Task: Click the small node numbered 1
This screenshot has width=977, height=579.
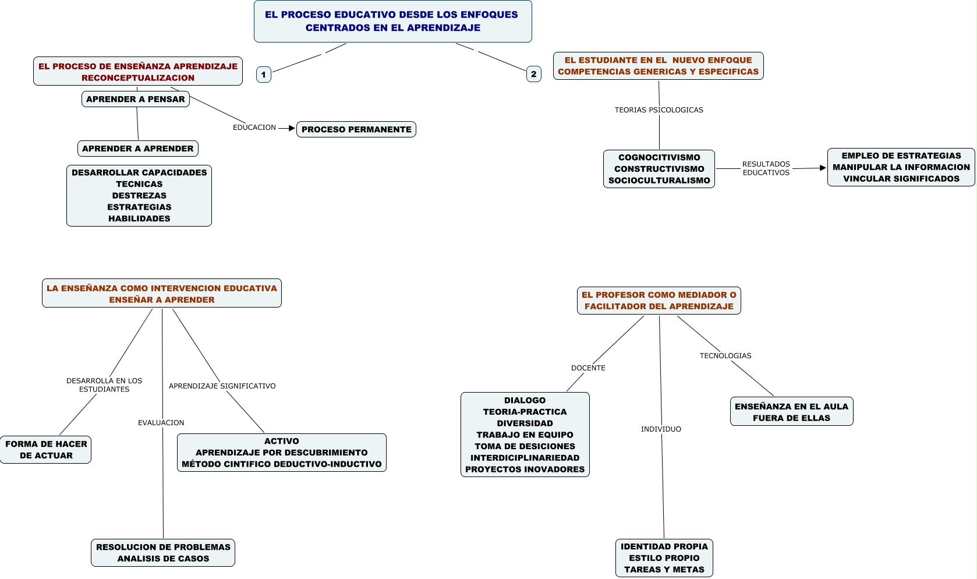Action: tap(264, 75)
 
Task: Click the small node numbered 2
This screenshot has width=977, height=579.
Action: tap(533, 74)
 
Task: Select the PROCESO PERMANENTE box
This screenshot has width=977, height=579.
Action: tap(356, 129)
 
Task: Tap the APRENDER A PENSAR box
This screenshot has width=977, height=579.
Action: tap(135, 99)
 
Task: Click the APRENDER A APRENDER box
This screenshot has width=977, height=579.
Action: tap(138, 149)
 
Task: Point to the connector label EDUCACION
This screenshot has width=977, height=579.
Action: tap(254, 128)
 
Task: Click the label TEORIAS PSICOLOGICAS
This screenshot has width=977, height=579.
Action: tap(659, 110)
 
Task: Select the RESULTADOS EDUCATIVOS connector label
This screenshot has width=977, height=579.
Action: tap(766, 168)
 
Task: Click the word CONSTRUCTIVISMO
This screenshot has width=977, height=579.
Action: tap(659, 169)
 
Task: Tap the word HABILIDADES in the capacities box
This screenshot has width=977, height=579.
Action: tap(139, 218)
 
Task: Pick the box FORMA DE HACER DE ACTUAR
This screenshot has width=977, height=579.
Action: tap(46, 450)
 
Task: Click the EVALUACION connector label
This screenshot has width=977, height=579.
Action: tap(161, 423)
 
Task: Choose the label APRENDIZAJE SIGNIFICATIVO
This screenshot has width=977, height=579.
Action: tap(222, 386)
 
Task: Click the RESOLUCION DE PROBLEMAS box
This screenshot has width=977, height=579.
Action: tap(163, 553)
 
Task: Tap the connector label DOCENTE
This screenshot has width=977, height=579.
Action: tap(588, 368)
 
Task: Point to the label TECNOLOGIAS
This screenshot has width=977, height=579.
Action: tap(725, 356)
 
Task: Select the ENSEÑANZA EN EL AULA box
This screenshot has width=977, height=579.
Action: tap(791, 412)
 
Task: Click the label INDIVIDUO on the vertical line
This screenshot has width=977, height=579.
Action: tap(661, 429)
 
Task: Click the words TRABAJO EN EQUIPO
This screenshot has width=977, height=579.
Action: tap(525, 435)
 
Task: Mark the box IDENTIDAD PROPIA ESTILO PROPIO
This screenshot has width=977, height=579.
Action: tap(664, 558)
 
